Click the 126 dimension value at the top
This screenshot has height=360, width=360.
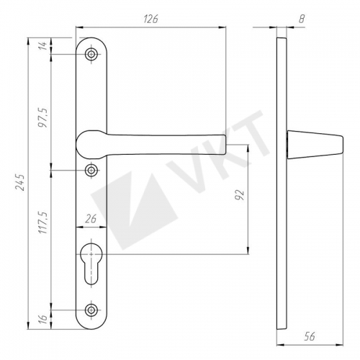151,19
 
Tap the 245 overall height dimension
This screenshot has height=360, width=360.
20,183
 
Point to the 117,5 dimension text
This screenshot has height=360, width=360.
44,222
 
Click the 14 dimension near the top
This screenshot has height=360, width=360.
42,45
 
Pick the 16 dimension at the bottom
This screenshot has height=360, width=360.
43,319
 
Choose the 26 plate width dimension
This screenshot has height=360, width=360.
91,219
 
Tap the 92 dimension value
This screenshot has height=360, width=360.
239,194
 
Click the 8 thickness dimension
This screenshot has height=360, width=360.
302,19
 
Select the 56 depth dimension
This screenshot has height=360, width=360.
310,336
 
